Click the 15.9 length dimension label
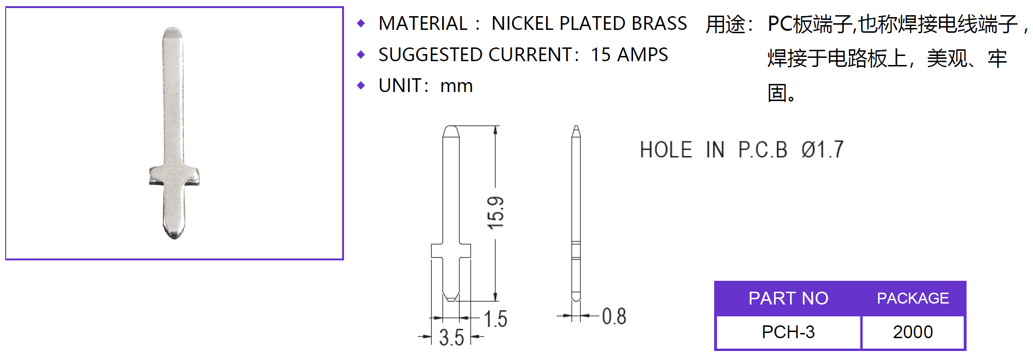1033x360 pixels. tap(495, 213)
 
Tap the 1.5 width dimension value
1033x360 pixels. tap(495, 319)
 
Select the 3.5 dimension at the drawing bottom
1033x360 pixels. tap(451, 338)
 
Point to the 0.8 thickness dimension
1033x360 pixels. tap(614, 316)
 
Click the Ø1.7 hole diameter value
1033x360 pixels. tap(822, 150)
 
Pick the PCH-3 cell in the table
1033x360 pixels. tap(788, 332)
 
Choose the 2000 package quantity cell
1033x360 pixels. tap(913, 332)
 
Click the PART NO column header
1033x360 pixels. tap(788, 298)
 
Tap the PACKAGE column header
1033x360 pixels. tap(913, 298)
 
